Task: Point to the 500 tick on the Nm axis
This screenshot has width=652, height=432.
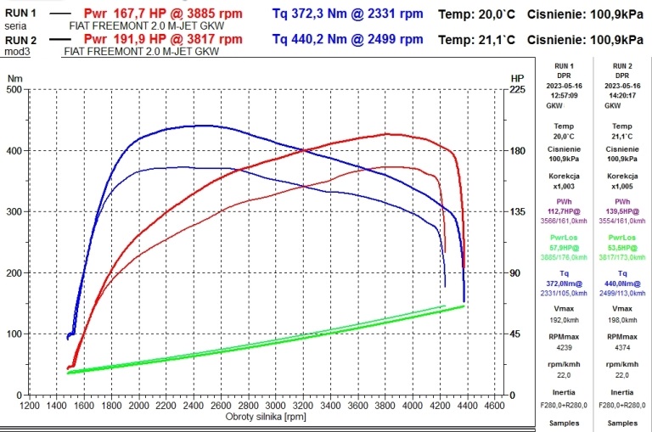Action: click(x=14, y=90)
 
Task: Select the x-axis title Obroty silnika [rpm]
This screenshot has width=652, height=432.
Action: click(x=266, y=418)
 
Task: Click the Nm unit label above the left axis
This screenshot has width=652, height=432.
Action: click(x=14, y=78)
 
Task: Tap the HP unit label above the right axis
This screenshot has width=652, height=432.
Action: click(x=517, y=78)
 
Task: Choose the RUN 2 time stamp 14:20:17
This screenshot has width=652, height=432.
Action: click(x=622, y=96)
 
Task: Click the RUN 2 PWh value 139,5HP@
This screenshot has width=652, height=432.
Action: click(x=622, y=210)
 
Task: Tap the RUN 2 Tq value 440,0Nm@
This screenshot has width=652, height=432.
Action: click(x=622, y=283)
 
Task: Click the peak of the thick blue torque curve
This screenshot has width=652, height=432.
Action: click(x=204, y=126)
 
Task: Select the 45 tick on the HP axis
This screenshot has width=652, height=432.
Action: click(x=515, y=334)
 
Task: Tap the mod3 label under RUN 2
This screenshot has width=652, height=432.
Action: click(x=15, y=51)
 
